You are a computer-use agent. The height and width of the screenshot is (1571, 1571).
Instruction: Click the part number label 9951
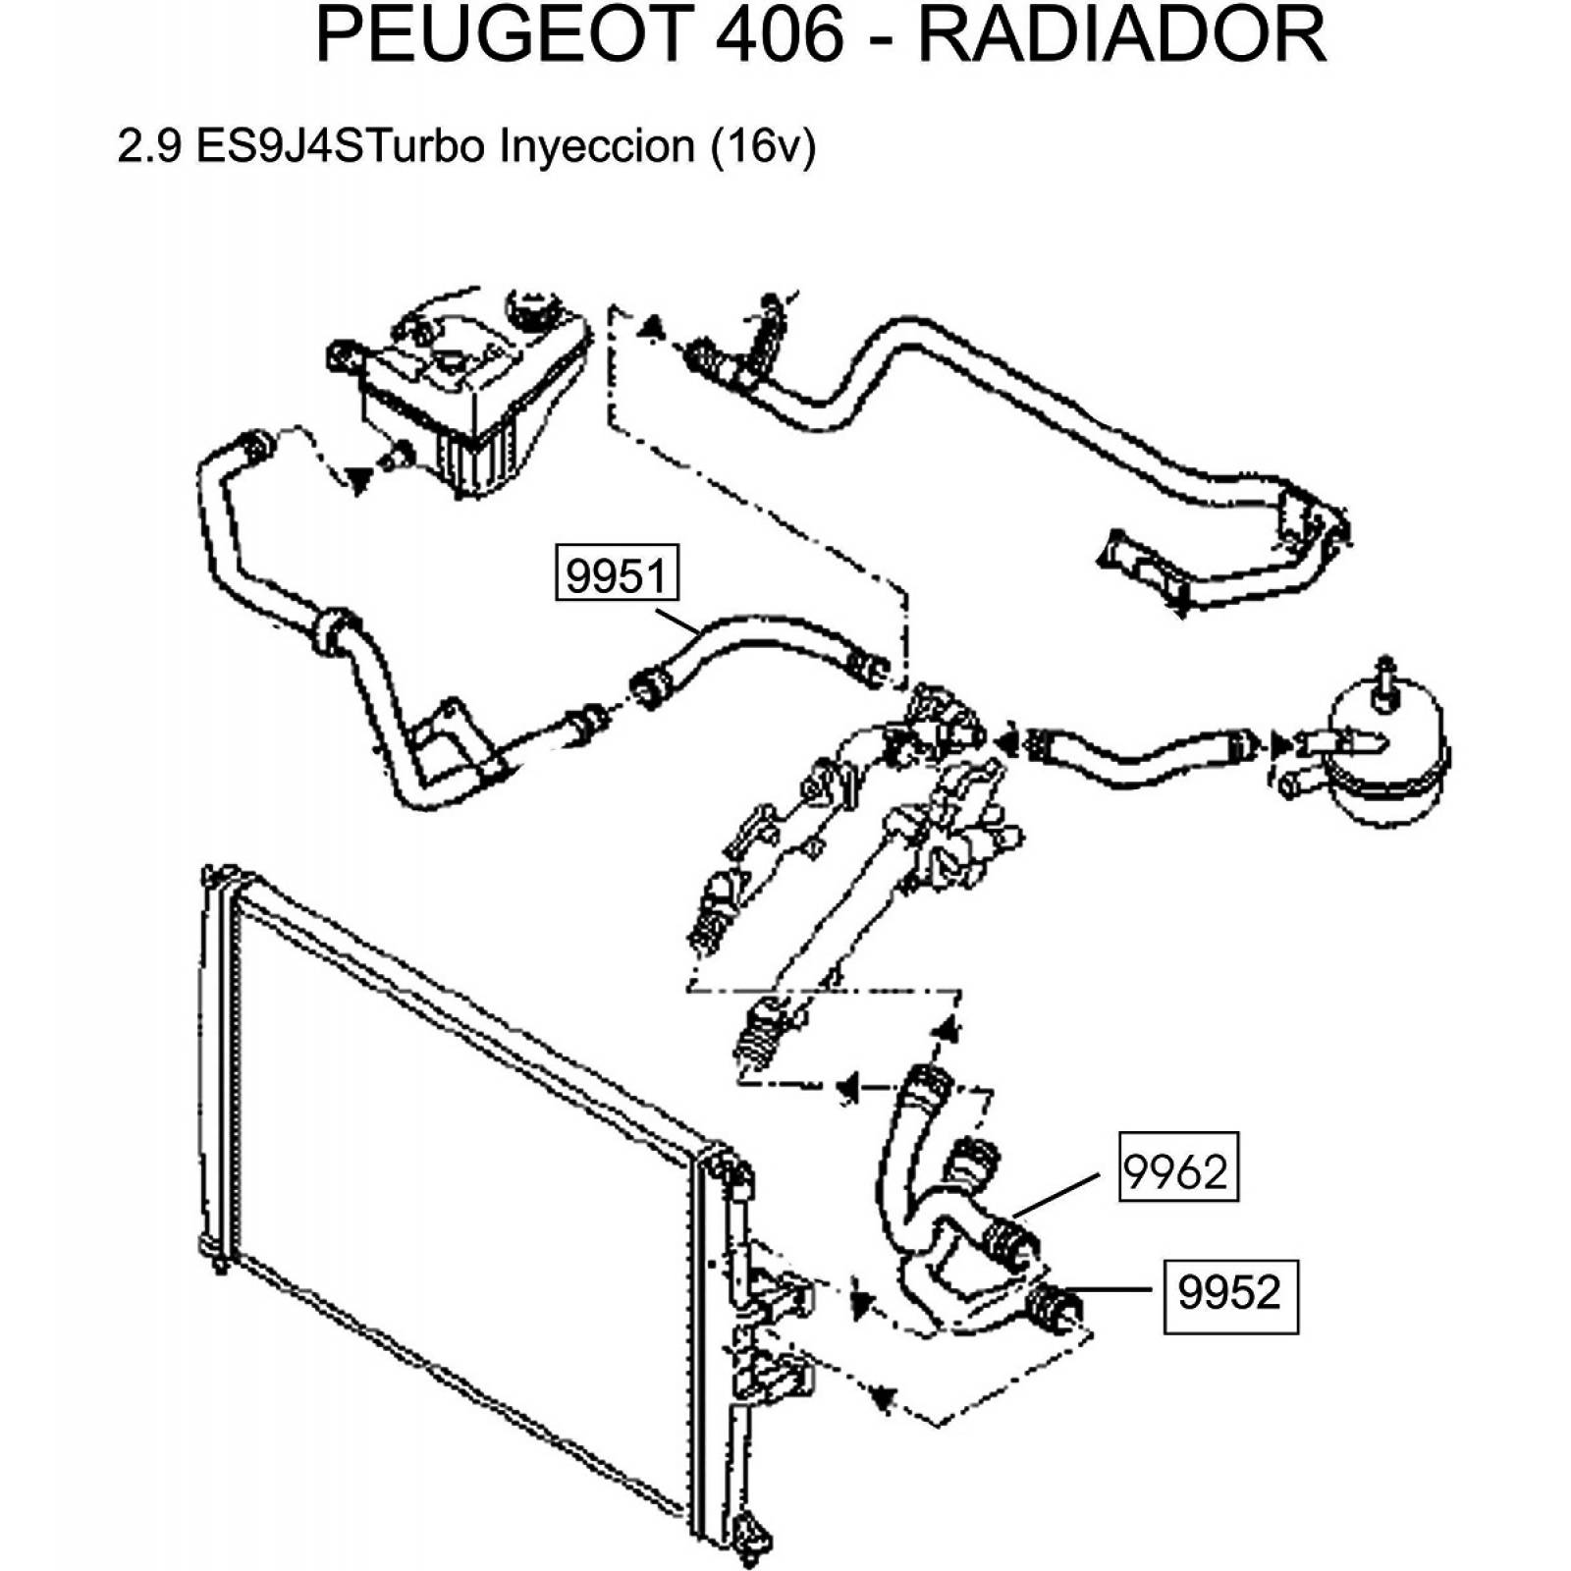click(x=617, y=574)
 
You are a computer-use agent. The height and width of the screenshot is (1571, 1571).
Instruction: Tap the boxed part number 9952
click(x=1229, y=1292)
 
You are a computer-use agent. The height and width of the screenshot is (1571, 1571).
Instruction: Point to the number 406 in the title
click(x=780, y=35)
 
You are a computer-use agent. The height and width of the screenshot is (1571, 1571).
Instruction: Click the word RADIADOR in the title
click(x=1122, y=35)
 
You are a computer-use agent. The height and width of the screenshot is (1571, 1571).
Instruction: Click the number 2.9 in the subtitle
click(x=149, y=146)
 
